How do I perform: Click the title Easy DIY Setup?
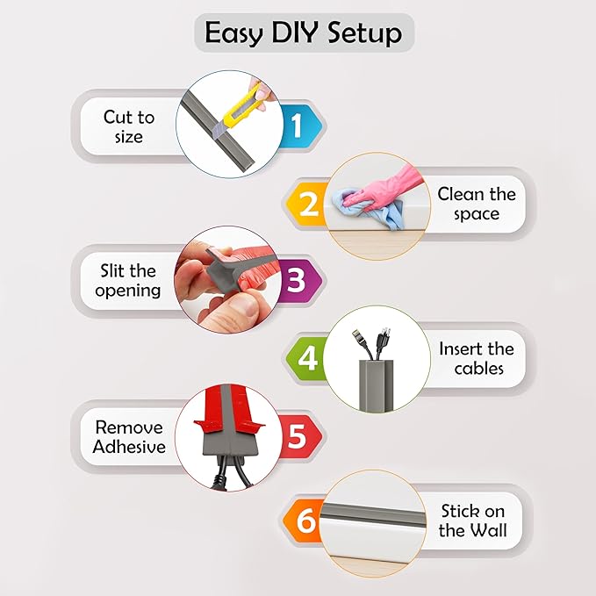[x=303, y=33]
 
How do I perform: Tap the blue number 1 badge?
[x=296, y=127]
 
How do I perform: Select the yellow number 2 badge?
[x=308, y=204]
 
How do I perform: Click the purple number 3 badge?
[x=297, y=280]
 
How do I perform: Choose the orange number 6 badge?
[x=305, y=521]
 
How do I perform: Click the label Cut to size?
[x=128, y=126]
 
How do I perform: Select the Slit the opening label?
[x=130, y=279]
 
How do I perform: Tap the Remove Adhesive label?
[x=130, y=436]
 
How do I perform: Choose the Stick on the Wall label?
[x=473, y=521]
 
